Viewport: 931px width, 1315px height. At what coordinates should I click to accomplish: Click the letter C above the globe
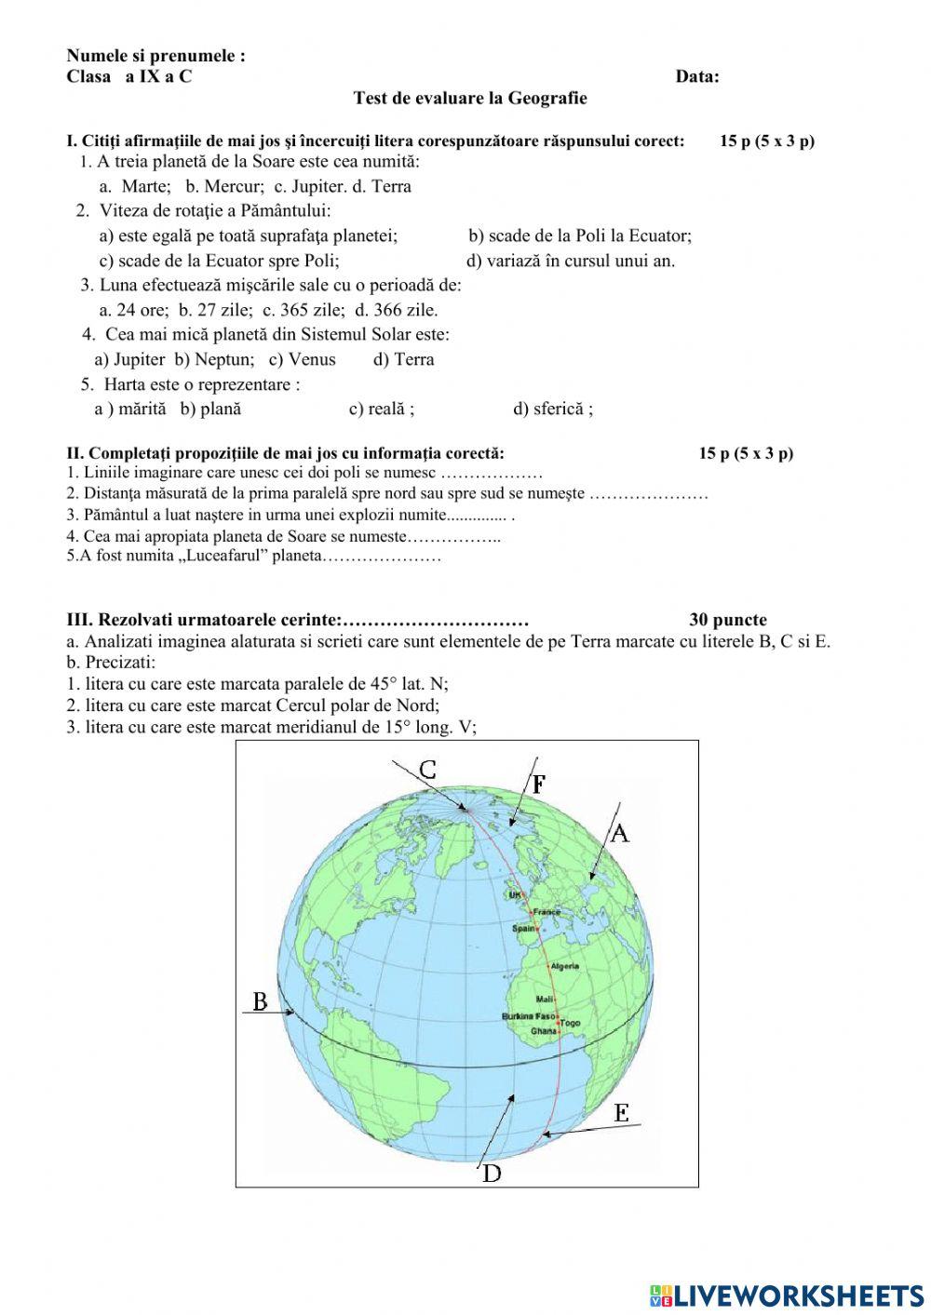point(427,770)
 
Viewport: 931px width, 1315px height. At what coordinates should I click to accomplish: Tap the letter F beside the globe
point(538,784)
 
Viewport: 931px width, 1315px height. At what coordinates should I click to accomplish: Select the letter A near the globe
point(619,833)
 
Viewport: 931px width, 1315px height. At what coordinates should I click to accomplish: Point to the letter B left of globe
point(261,1001)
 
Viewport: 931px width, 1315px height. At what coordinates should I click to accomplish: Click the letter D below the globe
point(492,1174)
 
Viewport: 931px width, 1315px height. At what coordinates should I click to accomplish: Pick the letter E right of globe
point(622,1112)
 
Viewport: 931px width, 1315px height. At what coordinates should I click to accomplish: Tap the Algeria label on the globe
point(564,966)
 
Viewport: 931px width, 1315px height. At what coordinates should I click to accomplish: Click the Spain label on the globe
point(524,928)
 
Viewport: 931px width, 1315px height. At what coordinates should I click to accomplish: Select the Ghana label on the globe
point(543,1031)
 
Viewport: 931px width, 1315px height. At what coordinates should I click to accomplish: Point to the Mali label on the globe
point(545,1000)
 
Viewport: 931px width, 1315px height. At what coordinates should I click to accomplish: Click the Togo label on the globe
point(570,1023)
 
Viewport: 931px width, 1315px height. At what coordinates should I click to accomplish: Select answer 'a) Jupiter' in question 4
point(129,359)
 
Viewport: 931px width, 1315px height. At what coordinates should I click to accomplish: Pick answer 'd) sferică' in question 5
point(552,409)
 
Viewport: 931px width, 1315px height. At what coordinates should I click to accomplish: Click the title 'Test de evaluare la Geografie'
point(470,98)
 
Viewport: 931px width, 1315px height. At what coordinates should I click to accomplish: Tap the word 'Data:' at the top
point(696,76)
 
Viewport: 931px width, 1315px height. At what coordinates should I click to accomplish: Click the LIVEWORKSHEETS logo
point(786,1295)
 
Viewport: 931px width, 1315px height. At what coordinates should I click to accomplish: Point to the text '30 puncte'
point(728,620)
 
